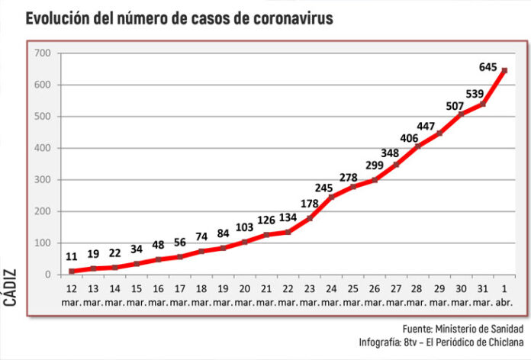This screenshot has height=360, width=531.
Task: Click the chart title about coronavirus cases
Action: click(179, 18)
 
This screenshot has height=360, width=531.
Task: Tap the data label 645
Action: click(488, 67)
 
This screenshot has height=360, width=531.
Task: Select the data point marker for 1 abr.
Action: click(504, 71)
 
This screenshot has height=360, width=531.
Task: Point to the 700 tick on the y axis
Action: click(42, 53)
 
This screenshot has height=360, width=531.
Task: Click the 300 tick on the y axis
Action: click(42, 180)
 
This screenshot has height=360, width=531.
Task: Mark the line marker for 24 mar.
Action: click(331, 198)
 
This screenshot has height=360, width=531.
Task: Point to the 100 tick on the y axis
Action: click(42, 243)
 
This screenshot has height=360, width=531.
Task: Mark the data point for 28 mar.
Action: click(417, 146)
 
